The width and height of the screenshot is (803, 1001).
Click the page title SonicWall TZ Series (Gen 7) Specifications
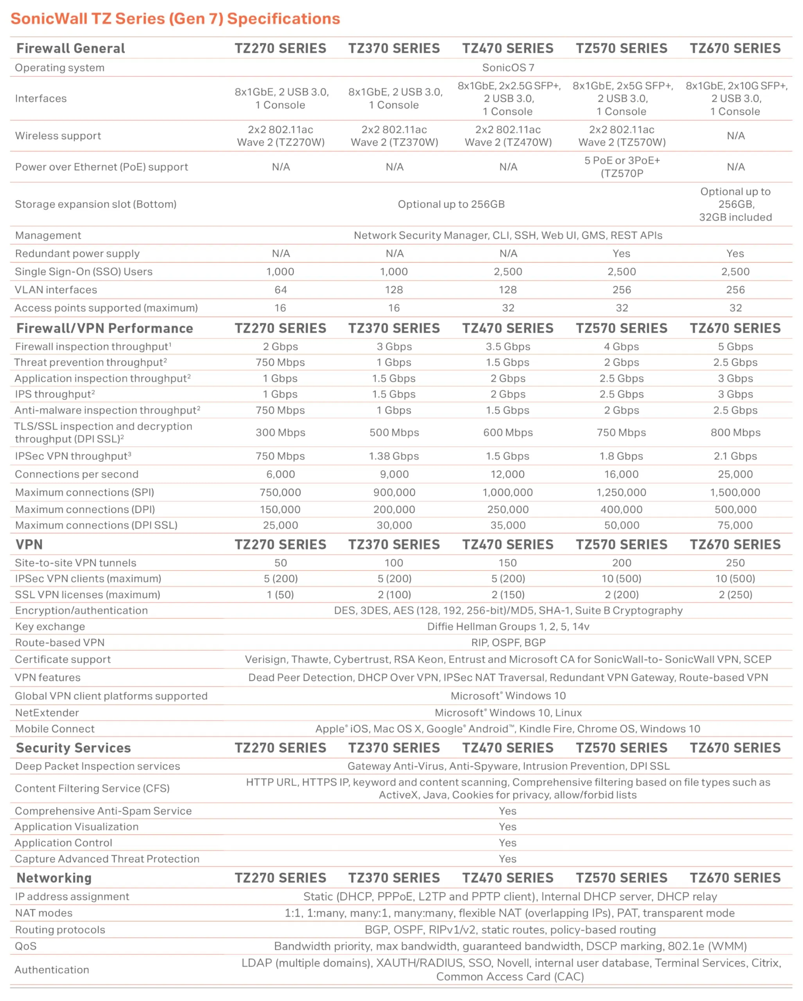[175, 18]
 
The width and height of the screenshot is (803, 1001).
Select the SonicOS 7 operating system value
[508, 68]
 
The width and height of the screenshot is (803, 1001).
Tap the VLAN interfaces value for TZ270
[280, 290]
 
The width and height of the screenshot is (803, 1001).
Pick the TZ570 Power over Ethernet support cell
[622, 167]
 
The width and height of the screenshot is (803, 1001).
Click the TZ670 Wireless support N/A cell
[735, 136]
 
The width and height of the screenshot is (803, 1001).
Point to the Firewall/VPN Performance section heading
[104, 328]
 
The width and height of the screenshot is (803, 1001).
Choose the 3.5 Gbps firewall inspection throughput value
[508, 346]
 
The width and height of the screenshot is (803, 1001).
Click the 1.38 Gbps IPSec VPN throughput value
[394, 456]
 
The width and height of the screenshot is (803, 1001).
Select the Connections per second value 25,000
[735, 474]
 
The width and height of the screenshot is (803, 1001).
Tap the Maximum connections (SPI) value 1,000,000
[508, 492]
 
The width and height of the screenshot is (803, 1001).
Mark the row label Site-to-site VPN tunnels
[75, 563]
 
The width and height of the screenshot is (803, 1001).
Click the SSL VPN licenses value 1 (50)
[280, 594]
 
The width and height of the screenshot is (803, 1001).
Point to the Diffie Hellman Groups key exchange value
[508, 626]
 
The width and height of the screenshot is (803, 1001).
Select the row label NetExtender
[47, 713]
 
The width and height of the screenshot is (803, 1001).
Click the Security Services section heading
[73, 748]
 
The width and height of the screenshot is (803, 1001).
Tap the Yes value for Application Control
[507, 843]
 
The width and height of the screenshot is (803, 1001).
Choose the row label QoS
[25, 946]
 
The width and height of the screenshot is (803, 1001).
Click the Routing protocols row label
[60, 929]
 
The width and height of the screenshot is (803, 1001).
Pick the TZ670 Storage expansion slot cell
[735, 204]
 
